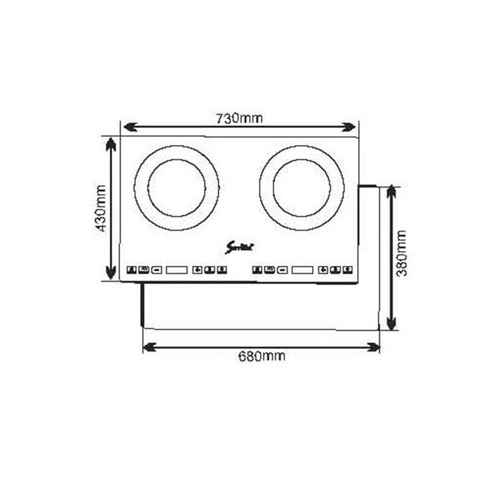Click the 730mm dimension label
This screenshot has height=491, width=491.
(239, 118)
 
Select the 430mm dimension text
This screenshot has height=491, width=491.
(101, 209)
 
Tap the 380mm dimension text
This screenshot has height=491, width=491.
(402, 252)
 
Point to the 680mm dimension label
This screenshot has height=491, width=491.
(262, 356)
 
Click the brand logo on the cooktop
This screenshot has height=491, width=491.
(240, 248)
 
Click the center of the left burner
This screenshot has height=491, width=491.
(176, 188)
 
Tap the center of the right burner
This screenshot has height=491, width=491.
(302, 188)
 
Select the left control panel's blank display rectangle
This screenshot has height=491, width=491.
(177, 270)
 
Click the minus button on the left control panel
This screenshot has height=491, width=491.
(156, 270)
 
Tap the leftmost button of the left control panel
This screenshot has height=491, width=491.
(131, 270)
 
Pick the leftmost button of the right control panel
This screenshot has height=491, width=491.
(256, 270)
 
